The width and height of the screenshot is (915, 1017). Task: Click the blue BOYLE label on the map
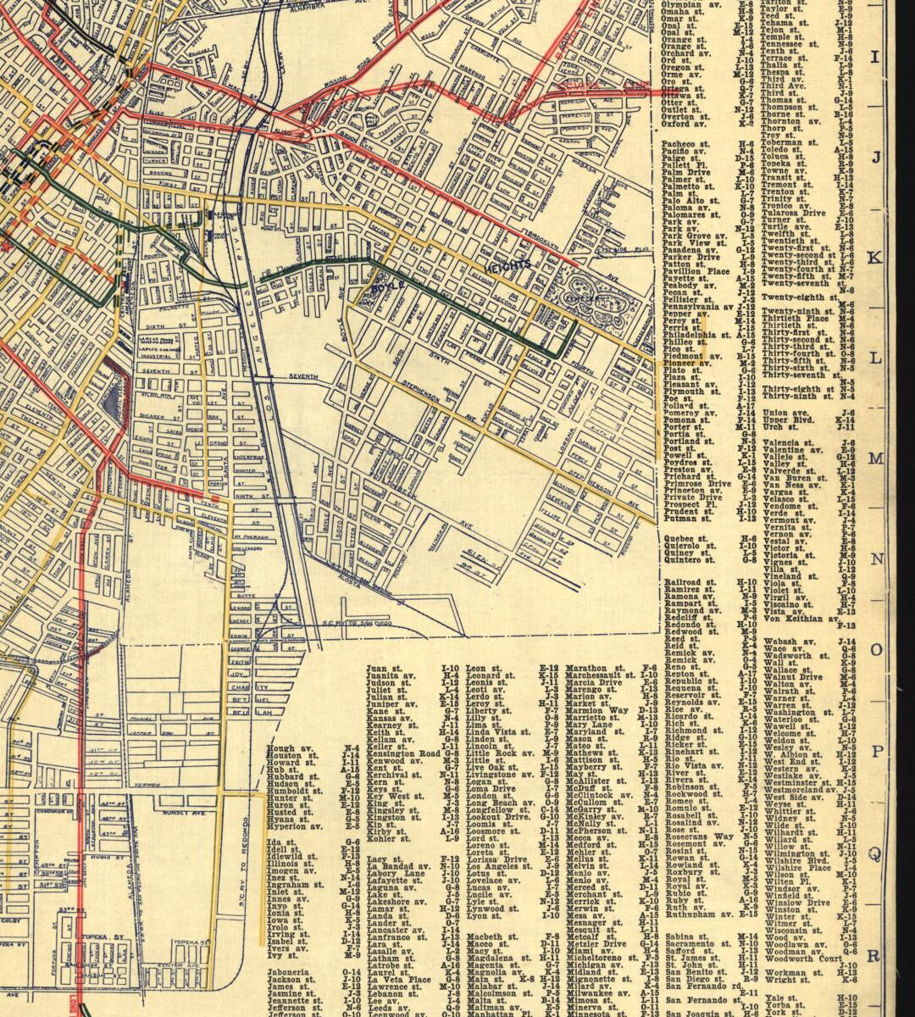(x=388, y=287)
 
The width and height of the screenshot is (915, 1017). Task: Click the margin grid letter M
(x=877, y=458)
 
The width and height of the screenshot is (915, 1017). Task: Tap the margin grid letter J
(x=877, y=158)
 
